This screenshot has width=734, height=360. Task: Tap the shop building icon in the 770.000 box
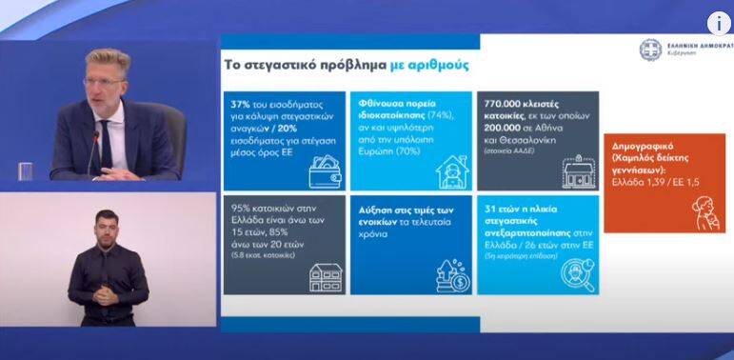[x=579, y=172]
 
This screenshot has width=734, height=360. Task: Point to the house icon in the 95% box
[x=325, y=276]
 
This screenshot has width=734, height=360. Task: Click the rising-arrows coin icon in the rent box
[x=451, y=276]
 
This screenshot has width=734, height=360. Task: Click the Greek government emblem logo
[x=650, y=50]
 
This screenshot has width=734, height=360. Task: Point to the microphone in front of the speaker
[x=93, y=152]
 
